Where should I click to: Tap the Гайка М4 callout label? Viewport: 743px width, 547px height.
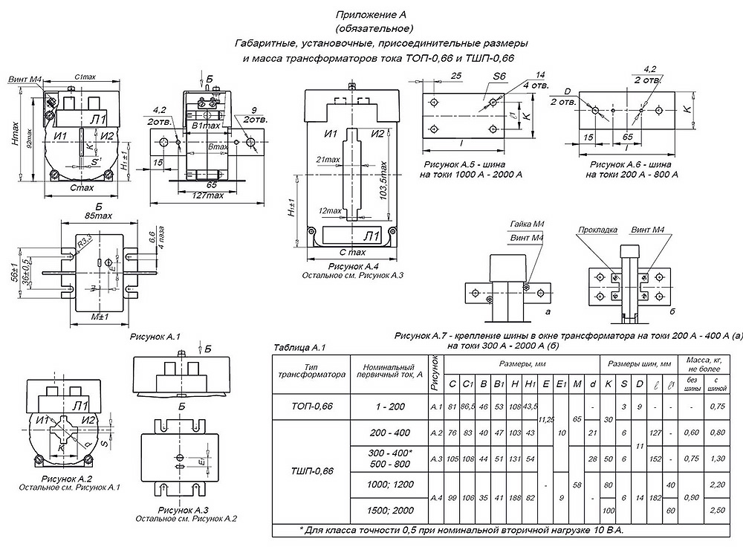526,224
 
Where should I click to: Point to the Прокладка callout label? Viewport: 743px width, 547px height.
598,230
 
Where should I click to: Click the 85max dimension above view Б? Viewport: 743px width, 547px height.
99,216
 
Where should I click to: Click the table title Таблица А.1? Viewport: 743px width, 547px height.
300,347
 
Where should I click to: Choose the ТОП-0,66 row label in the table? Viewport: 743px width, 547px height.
312,406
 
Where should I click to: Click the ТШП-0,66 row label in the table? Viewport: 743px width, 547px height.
312,471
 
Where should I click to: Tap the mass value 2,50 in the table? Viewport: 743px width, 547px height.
718,511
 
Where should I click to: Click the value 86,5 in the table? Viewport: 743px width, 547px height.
467,406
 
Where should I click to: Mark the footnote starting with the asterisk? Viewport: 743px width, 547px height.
461,531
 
